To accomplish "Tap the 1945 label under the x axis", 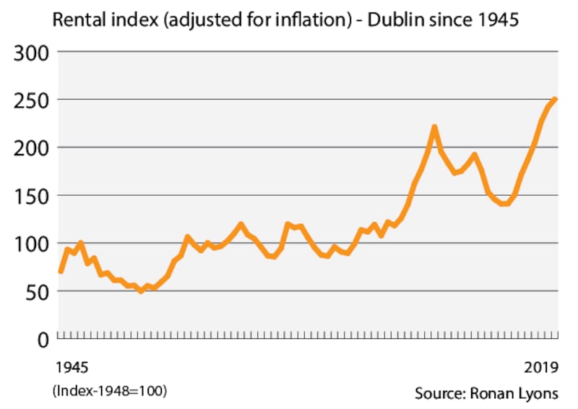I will pos(71,367).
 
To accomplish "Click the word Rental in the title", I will pos(77,20).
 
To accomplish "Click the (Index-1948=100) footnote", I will pos(109,391).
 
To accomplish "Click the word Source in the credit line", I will pos(439,393).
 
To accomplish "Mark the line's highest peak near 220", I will pos(435,128).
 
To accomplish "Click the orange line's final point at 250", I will pos(555,99).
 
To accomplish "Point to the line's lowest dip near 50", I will pos(141,290).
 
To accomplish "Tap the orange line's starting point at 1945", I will pos(61,271).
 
